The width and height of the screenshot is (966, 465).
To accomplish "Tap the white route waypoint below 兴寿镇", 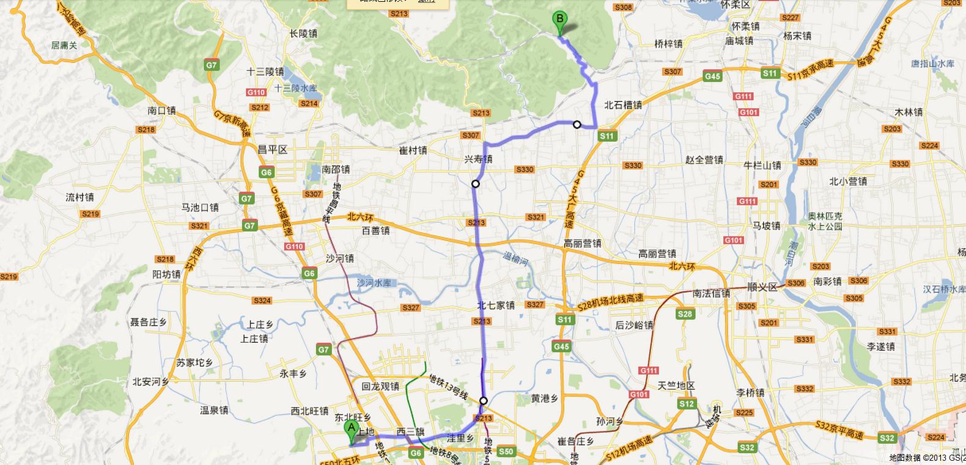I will pyautogui.click(x=476, y=183).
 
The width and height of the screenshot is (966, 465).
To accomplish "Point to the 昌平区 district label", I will pyautogui.click(x=272, y=150).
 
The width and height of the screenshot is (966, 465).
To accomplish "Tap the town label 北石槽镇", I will pyautogui.click(x=622, y=105).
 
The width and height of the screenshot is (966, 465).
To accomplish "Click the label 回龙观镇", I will pyautogui.click(x=380, y=386).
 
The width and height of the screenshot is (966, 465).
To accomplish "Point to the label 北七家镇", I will pyautogui.click(x=496, y=305).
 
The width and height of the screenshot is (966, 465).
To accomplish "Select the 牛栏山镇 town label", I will pyautogui.click(x=762, y=166).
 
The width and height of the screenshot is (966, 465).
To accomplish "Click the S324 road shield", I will pyautogui.click(x=262, y=301).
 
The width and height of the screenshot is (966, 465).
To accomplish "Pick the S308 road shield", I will pyautogui.click(x=623, y=7).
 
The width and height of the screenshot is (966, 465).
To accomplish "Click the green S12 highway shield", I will pyautogui.click(x=687, y=404).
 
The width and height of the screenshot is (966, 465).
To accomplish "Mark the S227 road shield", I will pyautogui.click(x=791, y=18).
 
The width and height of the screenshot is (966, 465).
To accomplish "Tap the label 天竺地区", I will pyautogui.click(x=676, y=386).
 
